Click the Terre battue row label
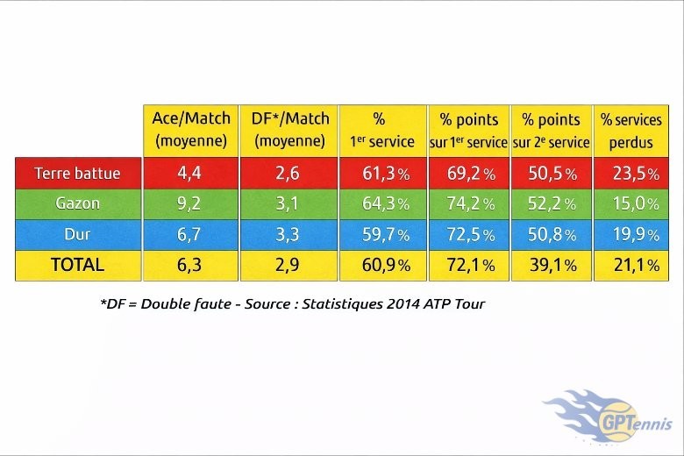pos(77,173)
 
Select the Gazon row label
pos(77,203)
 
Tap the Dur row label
pos(77,234)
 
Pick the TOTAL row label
pos(77,265)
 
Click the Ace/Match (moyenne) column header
pos(191,130)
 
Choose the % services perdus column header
pos(631,130)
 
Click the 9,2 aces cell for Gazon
pos(191,203)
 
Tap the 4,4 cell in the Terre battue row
pos(191,173)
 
